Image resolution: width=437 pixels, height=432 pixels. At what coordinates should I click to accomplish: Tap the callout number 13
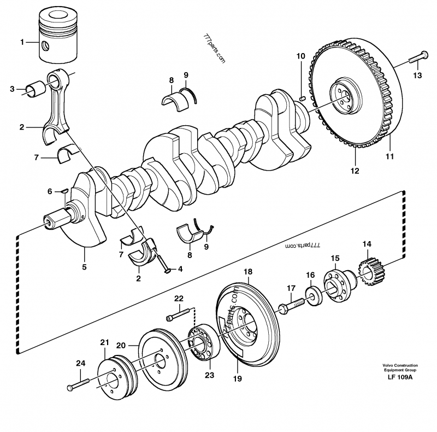click(x=417, y=75)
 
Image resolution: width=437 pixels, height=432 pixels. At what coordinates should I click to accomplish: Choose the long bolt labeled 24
click(x=79, y=383)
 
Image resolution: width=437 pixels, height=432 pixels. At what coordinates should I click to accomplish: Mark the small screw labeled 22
click(x=178, y=316)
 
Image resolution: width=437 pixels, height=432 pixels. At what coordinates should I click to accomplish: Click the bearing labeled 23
click(x=203, y=343)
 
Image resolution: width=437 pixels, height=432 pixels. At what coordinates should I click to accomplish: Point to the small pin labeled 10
click(x=302, y=98)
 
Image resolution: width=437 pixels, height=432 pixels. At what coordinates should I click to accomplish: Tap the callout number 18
click(x=248, y=272)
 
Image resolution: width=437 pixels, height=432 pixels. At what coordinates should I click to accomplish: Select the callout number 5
click(x=85, y=267)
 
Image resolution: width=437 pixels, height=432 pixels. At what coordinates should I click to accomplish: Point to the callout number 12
click(x=355, y=171)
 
